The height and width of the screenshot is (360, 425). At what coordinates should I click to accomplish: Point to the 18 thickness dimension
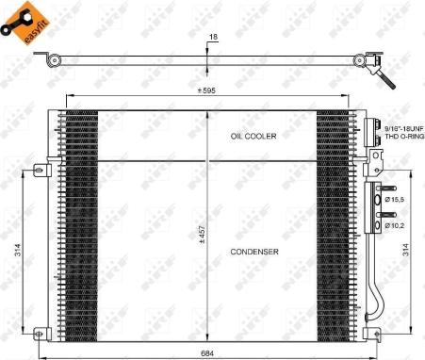click(x=212, y=38)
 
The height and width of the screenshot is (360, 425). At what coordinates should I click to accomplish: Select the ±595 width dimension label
click(x=208, y=90)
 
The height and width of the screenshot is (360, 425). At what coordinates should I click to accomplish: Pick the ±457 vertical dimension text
click(x=202, y=234)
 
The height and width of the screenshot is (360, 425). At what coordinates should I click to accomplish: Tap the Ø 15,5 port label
click(x=393, y=200)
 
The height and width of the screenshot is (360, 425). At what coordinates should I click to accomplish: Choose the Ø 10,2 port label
click(x=393, y=226)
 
